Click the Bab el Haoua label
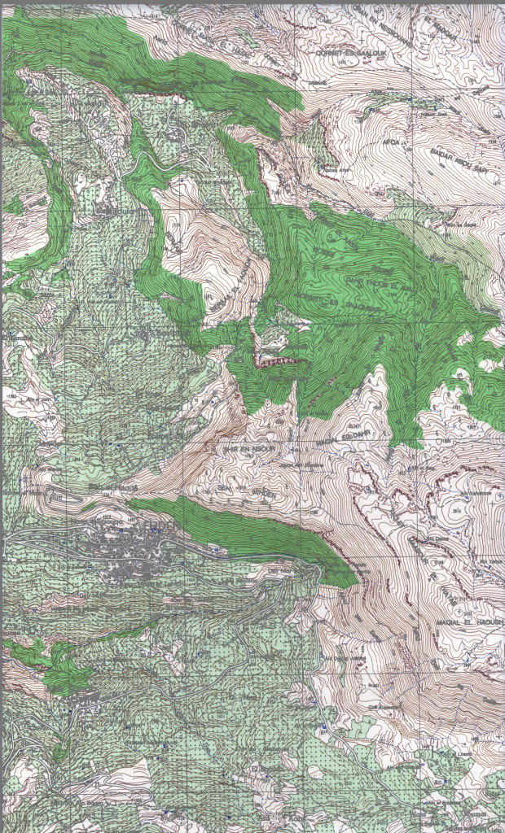pos(279,572)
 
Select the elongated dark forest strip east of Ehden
pos(244,533)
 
